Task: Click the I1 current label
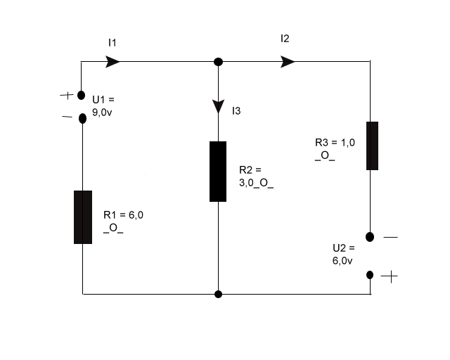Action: point(112,43)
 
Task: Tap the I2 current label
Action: point(285,39)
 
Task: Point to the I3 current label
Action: point(236,111)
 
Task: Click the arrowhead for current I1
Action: point(112,61)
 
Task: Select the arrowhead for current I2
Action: point(288,62)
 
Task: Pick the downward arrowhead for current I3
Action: point(218,106)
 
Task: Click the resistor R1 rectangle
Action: point(83,217)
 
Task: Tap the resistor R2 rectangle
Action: point(218,172)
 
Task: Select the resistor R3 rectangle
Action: point(372,146)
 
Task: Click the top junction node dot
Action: point(218,62)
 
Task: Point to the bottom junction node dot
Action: point(218,295)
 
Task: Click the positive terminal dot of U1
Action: point(82,95)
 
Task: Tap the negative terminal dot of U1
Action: point(82,118)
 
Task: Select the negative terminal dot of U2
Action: point(370,237)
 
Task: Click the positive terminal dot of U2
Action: point(370,275)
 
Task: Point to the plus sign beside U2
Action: point(390,276)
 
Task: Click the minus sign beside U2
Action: point(391,237)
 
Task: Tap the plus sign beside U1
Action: point(67,95)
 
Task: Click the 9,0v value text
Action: point(102,112)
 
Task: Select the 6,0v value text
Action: point(342,261)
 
